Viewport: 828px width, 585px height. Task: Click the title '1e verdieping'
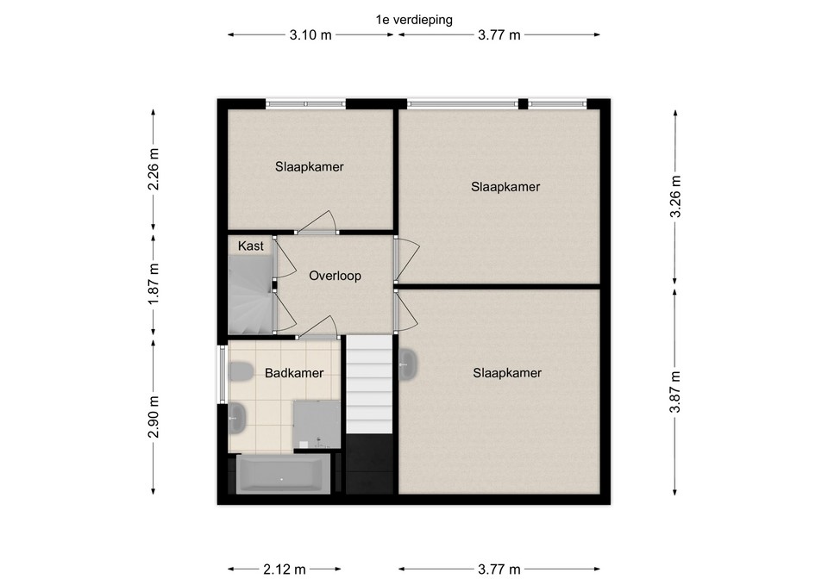[414, 20]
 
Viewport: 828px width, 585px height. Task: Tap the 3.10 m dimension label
[310, 35]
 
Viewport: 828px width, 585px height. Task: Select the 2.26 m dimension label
[154, 170]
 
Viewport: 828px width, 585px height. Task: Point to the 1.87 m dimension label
[154, 283]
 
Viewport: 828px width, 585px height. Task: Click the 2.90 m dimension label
[154, 417]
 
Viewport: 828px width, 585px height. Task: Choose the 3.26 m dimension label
[675, 196]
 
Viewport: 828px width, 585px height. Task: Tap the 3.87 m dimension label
[675, 393]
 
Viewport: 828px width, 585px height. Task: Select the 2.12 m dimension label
[285, 569]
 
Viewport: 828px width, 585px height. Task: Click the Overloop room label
[335, 276]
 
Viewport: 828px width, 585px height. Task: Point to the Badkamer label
[294, 373]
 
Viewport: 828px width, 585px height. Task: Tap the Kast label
[250, 246]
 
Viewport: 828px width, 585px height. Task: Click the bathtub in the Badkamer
[283, 474]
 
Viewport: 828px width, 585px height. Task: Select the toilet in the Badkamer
[240, 372]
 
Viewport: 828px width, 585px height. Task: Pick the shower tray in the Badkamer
[317, 424]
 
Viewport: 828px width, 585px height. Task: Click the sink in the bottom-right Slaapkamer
[408, 364]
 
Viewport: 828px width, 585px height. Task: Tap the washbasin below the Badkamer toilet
[237, 419]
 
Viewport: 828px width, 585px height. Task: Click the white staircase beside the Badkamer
[370, 386]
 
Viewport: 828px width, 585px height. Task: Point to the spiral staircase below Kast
[250, 295]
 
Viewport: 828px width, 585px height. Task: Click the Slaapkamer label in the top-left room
[310, 167]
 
